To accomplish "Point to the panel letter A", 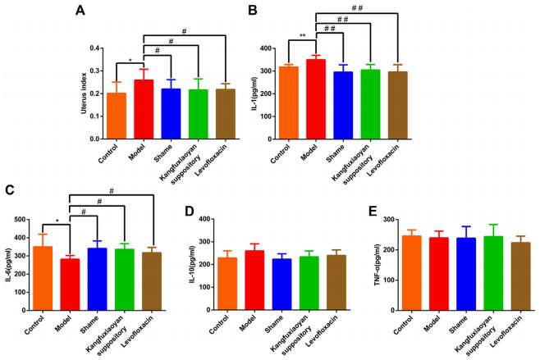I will point(80,11).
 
